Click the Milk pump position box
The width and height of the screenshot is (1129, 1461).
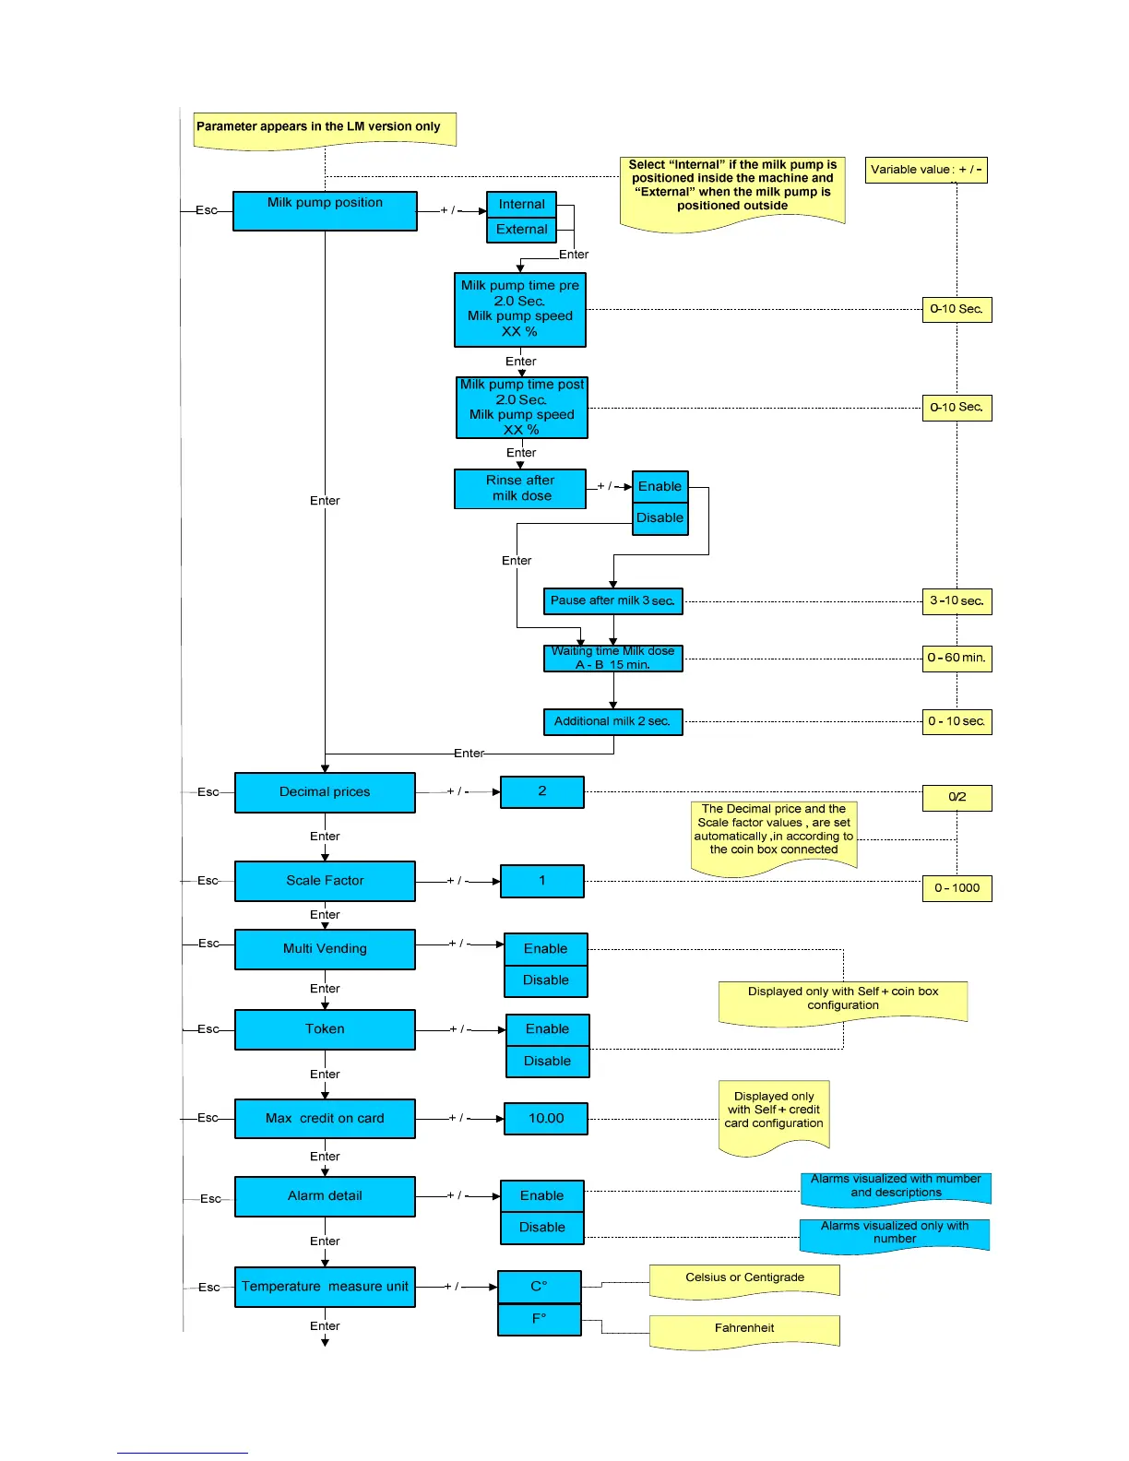[325, 210]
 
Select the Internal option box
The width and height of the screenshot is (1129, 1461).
[521, 204]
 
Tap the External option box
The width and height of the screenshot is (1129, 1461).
[521, 230]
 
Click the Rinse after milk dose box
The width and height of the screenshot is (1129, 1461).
[520, 489]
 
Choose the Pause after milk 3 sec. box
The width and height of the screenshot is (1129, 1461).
[612, 601]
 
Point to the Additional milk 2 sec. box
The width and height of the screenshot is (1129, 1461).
[612, 721]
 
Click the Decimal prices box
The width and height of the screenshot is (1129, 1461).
[325, 792]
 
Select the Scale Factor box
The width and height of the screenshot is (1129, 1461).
[325, 881]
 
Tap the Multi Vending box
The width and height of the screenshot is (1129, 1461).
[325, 949]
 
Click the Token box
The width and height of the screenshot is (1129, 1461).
[325, 1029]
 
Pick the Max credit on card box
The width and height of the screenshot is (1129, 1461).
[325, 1119]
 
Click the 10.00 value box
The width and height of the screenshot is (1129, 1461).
[546, 1119]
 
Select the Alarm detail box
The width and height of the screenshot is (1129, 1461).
[325, 1196]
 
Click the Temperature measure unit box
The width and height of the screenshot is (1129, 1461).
[325, 1287]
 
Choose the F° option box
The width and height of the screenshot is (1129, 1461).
[540, 1319]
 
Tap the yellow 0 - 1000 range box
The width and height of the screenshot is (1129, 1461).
[957, 888]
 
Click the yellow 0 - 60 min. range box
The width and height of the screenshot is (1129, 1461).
[957, 659]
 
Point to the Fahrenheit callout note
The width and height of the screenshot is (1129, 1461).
[744, 1329]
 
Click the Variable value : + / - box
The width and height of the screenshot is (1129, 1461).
[926, 170]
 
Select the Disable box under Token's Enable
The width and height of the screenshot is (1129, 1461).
[548, 1062]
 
